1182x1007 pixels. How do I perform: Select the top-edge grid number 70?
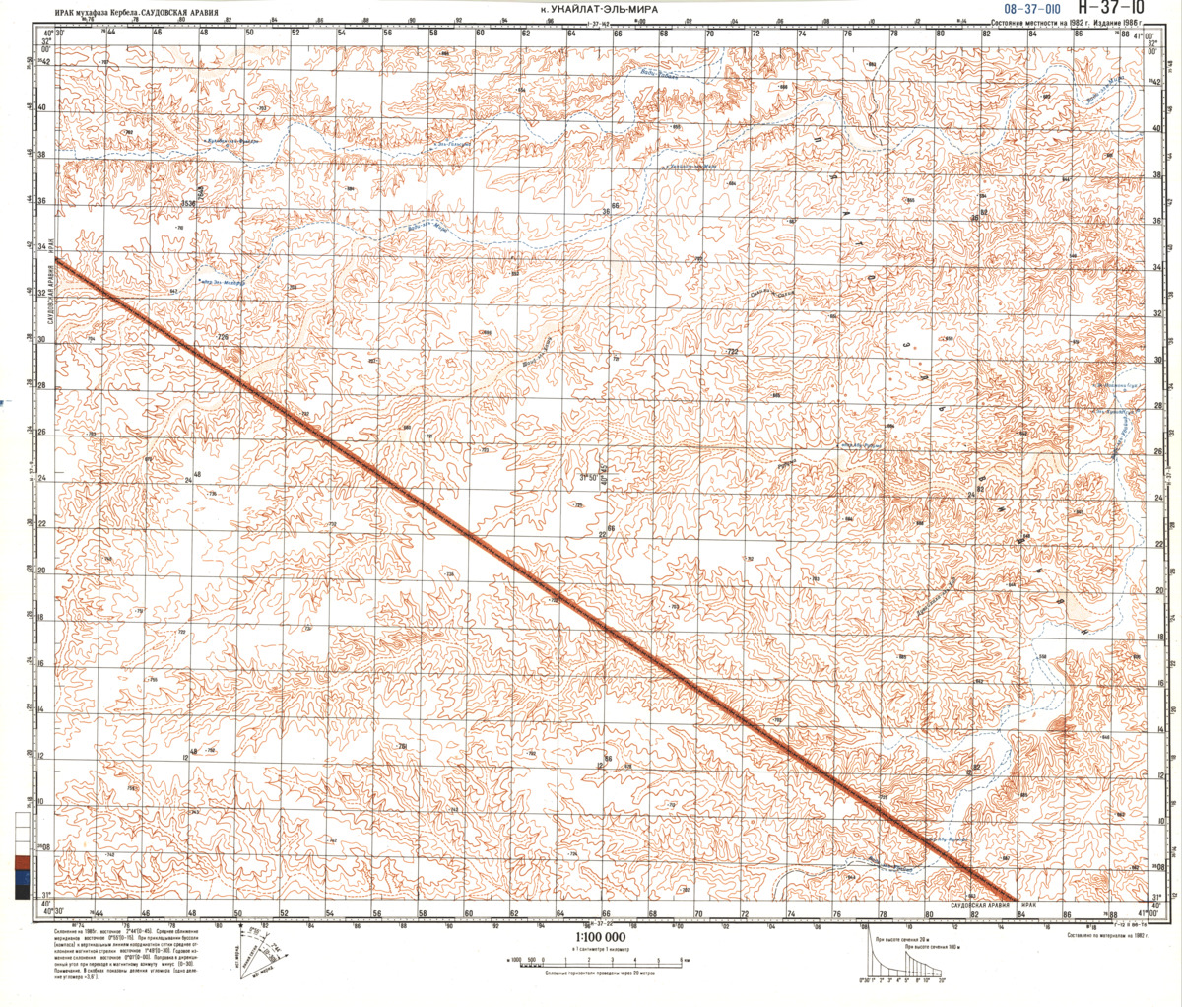tap(710, 33)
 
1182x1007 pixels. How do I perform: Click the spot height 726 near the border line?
tap(222, 337)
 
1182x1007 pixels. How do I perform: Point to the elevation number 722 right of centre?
tap(731, 352)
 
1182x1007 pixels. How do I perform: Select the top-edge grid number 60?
tap(481, 33)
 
